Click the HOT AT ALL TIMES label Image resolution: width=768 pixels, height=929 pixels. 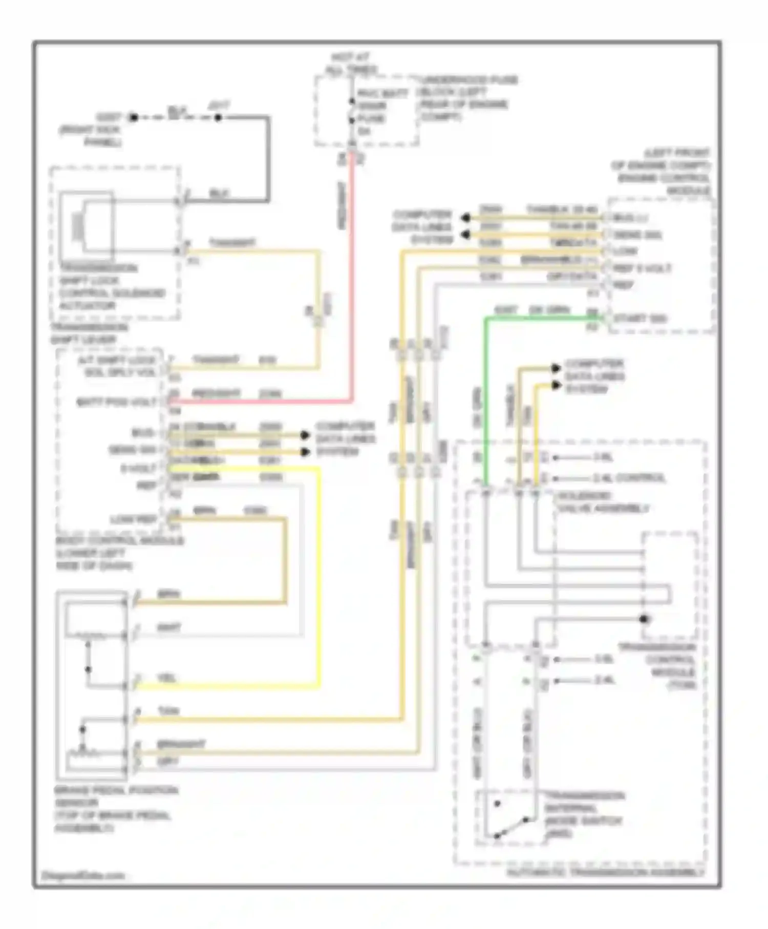pos(351,64)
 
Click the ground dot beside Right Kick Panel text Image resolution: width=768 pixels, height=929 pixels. pos(134,118)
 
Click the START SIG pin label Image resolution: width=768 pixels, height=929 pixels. pos(640,319)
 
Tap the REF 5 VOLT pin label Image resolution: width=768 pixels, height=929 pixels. pos(642,268)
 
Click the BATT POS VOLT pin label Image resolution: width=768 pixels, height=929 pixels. pos(117,403)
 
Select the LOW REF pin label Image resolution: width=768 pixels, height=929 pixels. pos(134,520)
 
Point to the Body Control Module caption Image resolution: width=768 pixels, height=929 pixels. pos(120,554)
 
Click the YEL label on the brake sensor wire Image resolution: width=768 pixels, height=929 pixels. pos(167,678)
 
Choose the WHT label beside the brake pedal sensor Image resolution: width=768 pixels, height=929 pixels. pos(169,627)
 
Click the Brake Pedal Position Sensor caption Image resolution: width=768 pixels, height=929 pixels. pos(116,809)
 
